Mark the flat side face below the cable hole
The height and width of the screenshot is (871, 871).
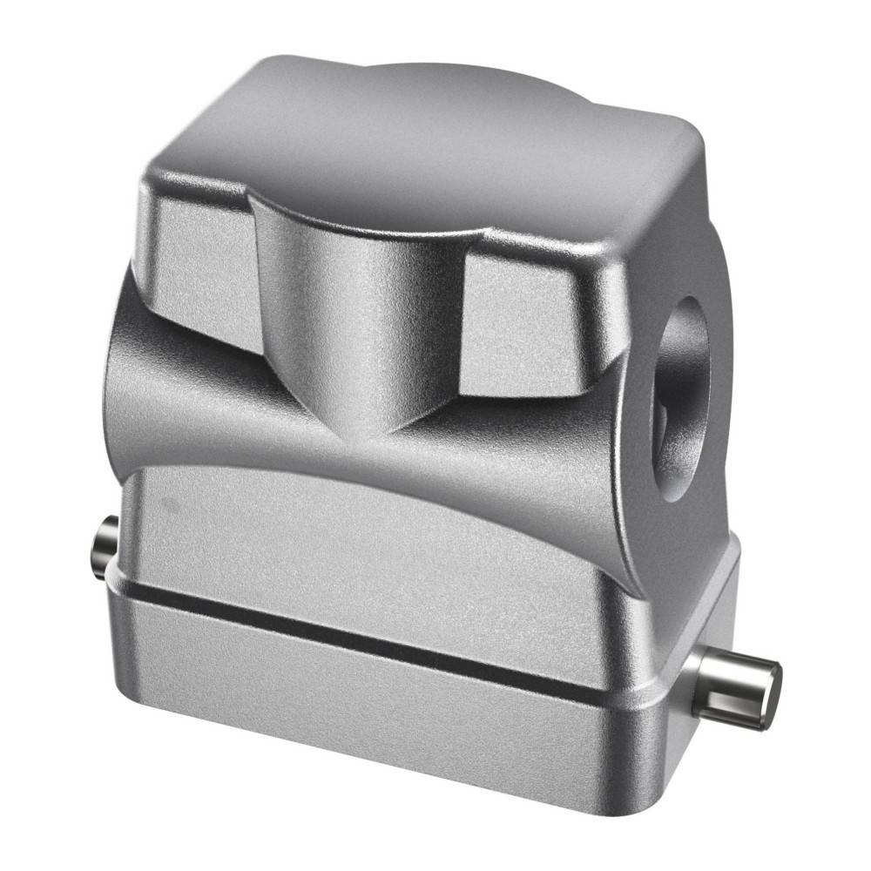pyautogui.click(x=688, y=557)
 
